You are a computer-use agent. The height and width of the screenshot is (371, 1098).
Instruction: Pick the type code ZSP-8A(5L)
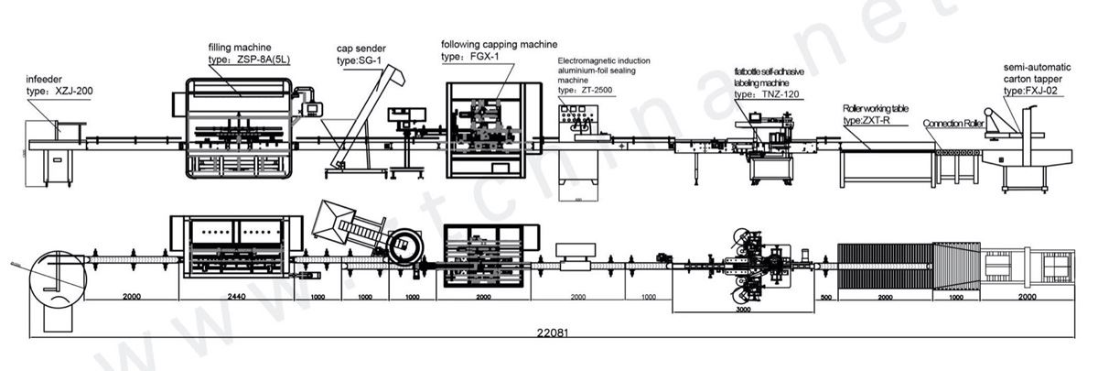point(264,58)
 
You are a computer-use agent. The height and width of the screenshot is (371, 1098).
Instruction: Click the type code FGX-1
point(485,57)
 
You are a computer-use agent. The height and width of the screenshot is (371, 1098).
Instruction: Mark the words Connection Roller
point(953,123)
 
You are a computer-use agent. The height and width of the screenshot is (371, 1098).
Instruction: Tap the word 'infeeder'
point(43,80)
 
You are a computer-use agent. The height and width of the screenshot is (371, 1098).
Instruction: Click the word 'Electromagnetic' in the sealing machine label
point(584,59)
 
